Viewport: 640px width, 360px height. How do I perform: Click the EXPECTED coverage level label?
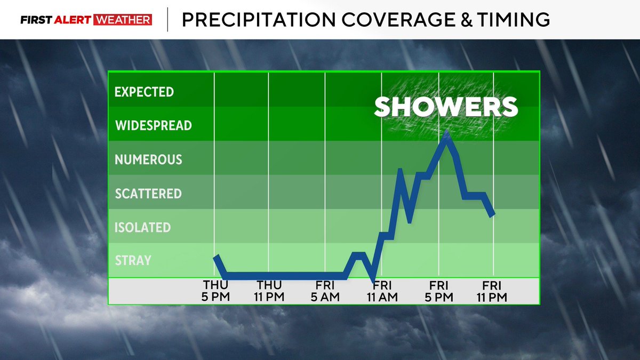(x=144, y=92)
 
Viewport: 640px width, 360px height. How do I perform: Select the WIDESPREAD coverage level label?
(x=154, y=126)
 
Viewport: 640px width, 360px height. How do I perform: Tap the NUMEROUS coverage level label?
(x=149, y=159)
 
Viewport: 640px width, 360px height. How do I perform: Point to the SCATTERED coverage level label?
(x=148, y=194)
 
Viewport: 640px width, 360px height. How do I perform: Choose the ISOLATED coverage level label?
(x=142, y=228)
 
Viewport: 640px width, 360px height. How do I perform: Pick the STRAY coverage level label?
(x=133, y=261)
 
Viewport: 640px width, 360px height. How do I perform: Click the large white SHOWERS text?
(x=446, y=107)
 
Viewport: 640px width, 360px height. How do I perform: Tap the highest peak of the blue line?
(x=446, y=133)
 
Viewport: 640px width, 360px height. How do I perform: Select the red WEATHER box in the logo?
(x=123, y=20)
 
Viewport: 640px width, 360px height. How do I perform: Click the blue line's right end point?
(x=493, y=214)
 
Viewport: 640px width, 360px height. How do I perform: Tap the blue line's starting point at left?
(x=216, y=257)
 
